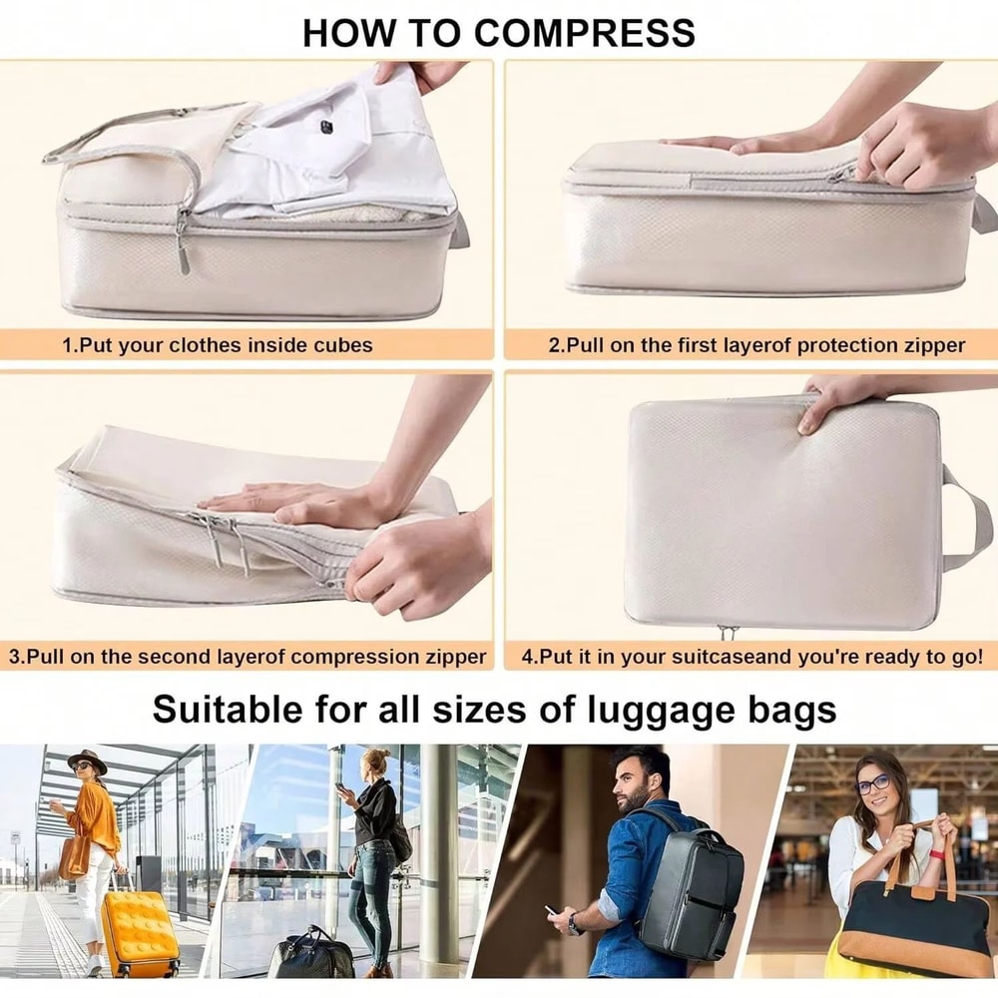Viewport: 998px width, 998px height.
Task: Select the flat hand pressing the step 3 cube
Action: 289,499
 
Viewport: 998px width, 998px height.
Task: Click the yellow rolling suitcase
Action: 139,932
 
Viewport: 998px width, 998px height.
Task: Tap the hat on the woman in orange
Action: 88,759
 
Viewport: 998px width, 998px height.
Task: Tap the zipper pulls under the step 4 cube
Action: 728,633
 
